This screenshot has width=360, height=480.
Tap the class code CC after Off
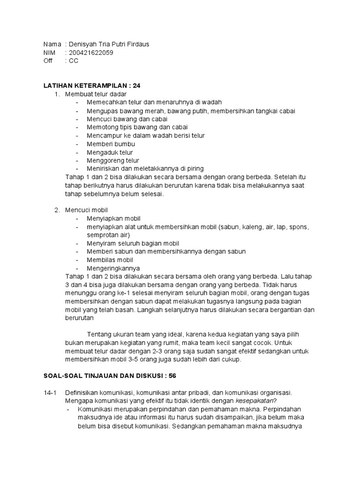[x=74, y=60]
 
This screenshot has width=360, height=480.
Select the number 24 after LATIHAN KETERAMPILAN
[x=136, y=86]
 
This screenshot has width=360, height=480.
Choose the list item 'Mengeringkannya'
[x=113, y=268]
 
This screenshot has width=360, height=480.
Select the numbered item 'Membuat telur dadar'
[x=96, y=94]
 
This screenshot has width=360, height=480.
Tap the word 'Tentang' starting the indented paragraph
[x=100, y=334]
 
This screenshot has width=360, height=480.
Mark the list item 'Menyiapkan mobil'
[x=113, y=218]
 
